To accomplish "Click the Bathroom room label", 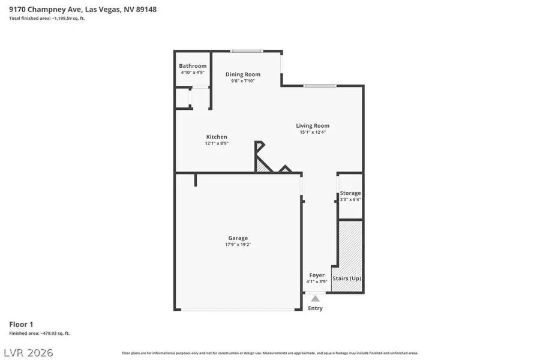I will [193, 66].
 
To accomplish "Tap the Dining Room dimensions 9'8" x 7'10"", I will [243, 81].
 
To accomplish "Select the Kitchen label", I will [217, 137].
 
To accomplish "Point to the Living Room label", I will [313, 126].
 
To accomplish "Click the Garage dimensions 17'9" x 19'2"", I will [238, 245].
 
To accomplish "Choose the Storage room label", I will [350, 193].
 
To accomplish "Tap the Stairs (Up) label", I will [347, 279].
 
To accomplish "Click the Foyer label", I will [317, 275].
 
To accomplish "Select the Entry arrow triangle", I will [315, 298].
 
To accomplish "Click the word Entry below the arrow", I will [315, 308].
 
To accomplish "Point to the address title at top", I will [83, 10].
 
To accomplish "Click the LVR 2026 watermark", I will [28, 352].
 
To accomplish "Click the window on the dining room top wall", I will [246, 51].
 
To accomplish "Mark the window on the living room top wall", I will [319, 86].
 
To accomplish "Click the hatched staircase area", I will [350, 246].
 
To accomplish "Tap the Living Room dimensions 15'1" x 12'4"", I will [313, 133].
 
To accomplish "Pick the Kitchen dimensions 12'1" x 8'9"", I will [217, 143].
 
